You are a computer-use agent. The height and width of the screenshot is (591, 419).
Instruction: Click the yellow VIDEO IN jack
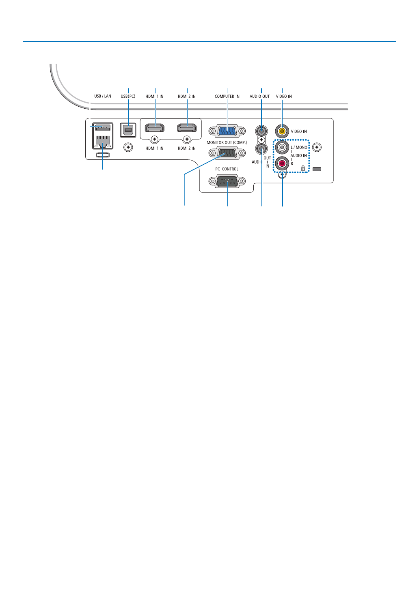[x=282, y=131]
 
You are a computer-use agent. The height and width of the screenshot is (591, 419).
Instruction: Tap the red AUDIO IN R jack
[x=282, y=163]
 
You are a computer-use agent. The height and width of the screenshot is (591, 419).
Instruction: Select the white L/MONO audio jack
[x=282, y=147]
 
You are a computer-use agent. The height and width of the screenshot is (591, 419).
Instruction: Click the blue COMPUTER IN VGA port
[x=227, y=131]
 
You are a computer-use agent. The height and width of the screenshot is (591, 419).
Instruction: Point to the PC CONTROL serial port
[x=227, y=181]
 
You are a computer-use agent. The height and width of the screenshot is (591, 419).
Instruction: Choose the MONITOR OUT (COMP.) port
[x=227, y=153]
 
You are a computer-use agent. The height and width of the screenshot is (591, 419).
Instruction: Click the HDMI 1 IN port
[x=155, y=128]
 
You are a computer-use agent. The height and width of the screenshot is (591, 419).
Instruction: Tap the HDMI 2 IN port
[x=187, y=128]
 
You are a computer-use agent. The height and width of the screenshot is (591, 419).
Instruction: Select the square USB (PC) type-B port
[x=128, y=129]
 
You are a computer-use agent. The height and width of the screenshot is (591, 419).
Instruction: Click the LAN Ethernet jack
[x=103, y=142]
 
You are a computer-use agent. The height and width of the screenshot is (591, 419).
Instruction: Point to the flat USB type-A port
[x=103, y=128]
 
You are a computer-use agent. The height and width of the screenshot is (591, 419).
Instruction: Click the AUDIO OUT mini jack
[x=261, y=131]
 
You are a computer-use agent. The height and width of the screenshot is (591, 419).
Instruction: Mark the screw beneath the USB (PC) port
[x=128, y=147]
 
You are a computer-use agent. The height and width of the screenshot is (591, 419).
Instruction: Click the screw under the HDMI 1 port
[x=155, y=140]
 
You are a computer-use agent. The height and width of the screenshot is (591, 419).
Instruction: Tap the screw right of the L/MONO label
[x=317, y=147]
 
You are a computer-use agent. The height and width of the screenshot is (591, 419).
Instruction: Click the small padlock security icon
[x=303, y=168]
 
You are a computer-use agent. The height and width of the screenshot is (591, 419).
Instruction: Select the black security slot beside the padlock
[x=317, y=168]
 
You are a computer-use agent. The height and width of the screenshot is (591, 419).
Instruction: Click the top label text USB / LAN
[x=103, y=97]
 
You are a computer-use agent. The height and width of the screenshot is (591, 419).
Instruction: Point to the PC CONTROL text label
[x=227, y=169]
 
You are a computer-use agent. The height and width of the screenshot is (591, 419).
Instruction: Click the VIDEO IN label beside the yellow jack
[x=299, y=131]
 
